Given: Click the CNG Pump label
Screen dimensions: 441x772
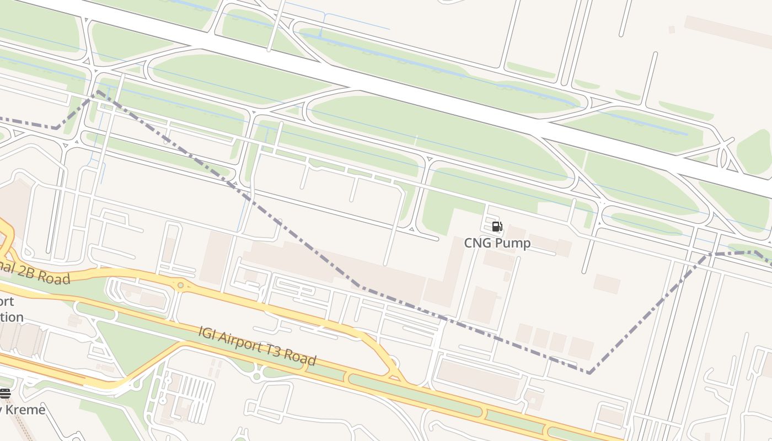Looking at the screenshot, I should [x=497, y=243].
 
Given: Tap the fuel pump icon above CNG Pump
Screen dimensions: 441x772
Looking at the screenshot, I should [x=497, y=227].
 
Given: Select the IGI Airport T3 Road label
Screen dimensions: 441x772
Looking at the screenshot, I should [x=257, y=346].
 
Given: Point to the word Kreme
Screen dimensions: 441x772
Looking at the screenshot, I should [x=25, y=410].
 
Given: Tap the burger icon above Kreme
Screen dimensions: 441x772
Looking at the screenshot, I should [x=5, y=393].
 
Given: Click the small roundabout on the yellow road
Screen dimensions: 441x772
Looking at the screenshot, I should [x=180, y=285].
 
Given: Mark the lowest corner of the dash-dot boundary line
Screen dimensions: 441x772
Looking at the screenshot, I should [x=589, y=373].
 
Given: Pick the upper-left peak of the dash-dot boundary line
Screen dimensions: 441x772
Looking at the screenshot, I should [x=98, y=92].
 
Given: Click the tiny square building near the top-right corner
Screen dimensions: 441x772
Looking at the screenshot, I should [x=672, y=30].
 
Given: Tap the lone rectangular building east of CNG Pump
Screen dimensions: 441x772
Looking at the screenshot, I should [x=607, y=283].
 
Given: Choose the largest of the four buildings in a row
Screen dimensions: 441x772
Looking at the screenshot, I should [x=581, y=348].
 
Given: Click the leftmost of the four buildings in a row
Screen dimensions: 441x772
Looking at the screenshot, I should [x=524, y=334].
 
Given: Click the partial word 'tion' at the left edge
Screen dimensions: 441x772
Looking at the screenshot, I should [x=12, y=317].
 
